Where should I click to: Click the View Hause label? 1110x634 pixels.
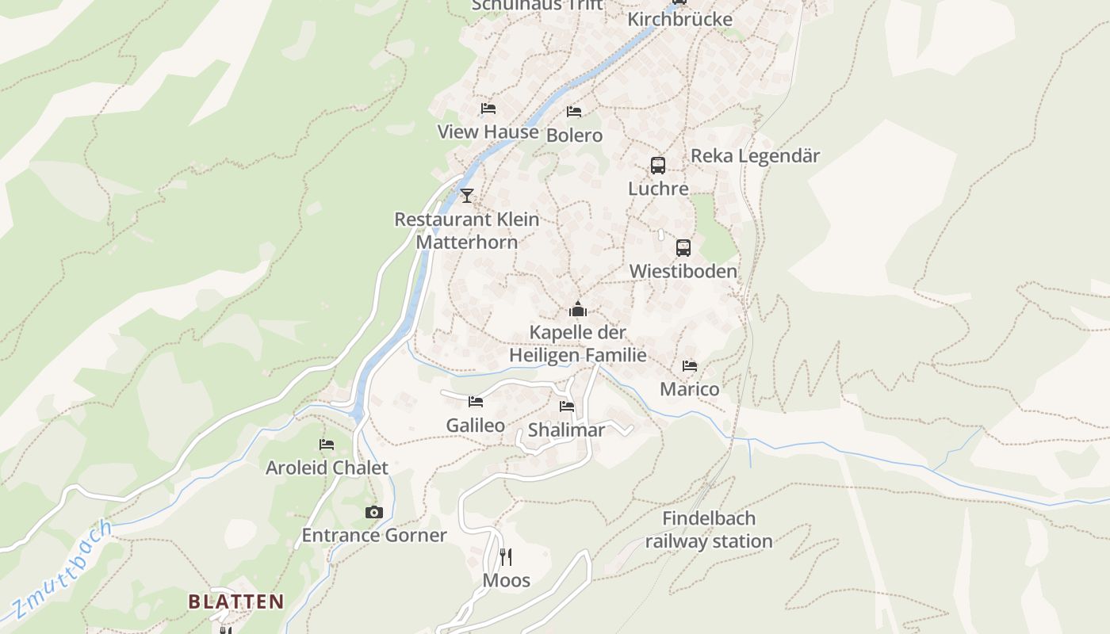488,132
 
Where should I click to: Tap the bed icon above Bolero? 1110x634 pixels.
574,112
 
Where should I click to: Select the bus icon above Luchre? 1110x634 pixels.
658,166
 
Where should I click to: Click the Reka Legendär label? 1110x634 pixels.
755,155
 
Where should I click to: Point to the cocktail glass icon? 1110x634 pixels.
467,195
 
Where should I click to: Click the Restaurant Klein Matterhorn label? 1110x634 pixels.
467,231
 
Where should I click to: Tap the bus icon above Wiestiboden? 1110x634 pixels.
683,247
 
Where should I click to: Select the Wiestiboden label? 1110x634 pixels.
683,271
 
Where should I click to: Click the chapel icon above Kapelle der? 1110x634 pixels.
578,309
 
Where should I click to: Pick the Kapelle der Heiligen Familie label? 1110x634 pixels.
578,344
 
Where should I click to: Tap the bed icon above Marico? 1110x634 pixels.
690,366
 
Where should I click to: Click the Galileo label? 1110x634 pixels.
475,426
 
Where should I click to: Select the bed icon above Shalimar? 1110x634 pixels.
566,407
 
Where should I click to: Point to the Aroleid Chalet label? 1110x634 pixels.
327,468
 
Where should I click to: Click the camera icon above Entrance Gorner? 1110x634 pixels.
374,512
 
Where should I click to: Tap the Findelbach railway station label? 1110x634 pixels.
708,530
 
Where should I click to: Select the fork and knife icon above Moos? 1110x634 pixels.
506,556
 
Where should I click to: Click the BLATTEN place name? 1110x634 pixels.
235,602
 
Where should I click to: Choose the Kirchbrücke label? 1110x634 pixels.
679,19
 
